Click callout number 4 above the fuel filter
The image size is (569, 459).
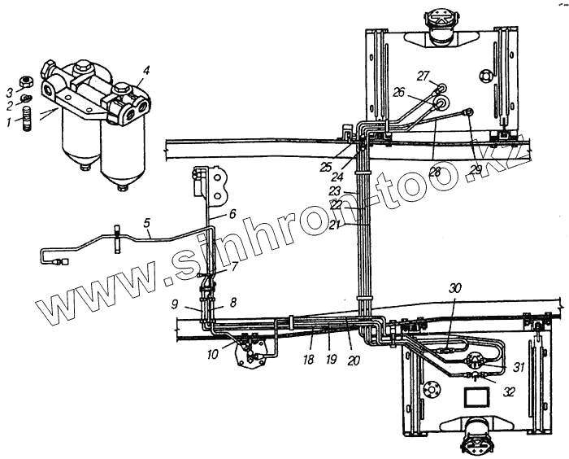pyautogui.click(x=146, y=72)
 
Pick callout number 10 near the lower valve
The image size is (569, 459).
pyautogui.click(x=214, y=354)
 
